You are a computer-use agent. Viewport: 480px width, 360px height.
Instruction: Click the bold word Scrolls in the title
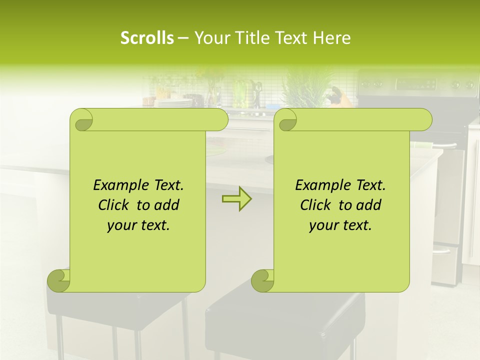click(147, 38)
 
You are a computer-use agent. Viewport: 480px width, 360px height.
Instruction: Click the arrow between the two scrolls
click(236, 199)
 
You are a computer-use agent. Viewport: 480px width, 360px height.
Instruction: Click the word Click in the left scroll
click(115, 205)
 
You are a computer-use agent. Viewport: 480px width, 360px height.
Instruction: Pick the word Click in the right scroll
click(317, 205)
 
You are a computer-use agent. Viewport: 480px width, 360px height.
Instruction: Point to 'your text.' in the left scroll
click(138, 225)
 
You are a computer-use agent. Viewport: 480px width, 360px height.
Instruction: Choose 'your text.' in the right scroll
click(340, 225)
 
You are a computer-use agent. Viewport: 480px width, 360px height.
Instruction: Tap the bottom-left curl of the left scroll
click(59, 280)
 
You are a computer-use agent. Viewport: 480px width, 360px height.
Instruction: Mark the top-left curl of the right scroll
click(286, 120)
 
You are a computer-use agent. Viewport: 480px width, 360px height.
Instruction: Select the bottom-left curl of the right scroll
click(262, 280)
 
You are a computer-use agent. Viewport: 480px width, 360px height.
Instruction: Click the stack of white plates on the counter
click(172, 102)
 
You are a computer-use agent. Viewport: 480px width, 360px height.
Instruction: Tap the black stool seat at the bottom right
click(285, 320)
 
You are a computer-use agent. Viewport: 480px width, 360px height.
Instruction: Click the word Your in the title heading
click(209, 38)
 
